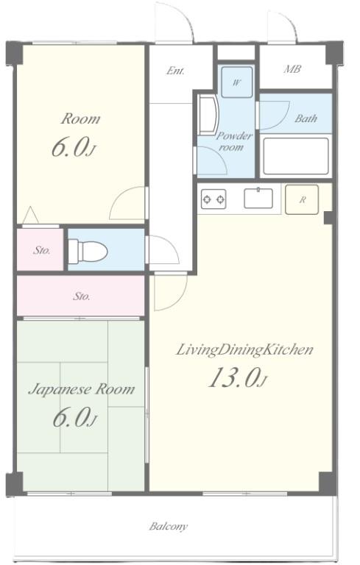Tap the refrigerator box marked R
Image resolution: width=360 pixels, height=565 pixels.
point(302,199)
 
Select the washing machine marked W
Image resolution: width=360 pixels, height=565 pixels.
point(236,82)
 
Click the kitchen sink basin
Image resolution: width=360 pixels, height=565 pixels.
point(258,198)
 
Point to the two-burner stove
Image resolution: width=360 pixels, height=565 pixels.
point(213,199)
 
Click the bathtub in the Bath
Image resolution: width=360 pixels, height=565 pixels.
point(296,156)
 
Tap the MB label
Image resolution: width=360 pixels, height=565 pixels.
point(292,69)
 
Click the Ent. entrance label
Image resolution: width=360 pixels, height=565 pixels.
point(175,71)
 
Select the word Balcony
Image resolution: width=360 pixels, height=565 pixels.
point(169,527)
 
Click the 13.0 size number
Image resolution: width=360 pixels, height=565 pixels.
point(234,377)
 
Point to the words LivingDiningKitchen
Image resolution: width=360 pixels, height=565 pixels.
point(244,349)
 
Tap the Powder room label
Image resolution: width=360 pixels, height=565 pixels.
point(234,141)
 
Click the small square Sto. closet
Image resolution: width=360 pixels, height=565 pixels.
point(40,249)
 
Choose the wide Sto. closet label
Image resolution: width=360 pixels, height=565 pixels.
point(82,296)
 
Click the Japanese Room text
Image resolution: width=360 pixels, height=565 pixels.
point(82,389)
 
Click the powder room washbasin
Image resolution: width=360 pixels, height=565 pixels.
point(208,116)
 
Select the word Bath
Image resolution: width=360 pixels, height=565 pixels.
point(306,118)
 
